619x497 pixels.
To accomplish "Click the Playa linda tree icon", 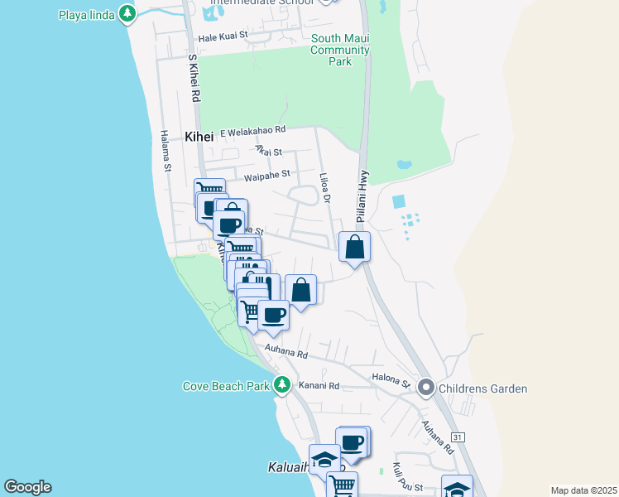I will pos(127,14).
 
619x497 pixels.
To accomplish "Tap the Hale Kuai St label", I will pos(223,37).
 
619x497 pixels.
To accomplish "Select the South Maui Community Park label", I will pos(339,50).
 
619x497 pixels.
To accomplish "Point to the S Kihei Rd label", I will pos(194,79).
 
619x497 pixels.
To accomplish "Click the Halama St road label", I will pos(166,151).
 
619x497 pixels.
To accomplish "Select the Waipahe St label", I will pos(267,175).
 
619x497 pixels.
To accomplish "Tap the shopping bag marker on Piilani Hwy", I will pos(354,247).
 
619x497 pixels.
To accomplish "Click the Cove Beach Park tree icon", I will pos(282,385).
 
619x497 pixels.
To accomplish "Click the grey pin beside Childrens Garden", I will pos(426,387).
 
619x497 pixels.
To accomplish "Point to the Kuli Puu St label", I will pos(408,480).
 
